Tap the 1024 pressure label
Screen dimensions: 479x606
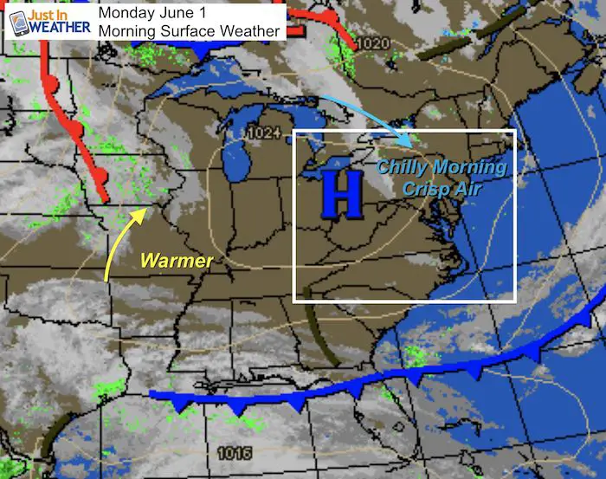pyautogui.click(x=262, y=133)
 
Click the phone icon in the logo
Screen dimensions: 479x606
pyautogui.click(x=18, y=23)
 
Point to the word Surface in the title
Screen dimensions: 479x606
pyautogui.click(x=192, y=31)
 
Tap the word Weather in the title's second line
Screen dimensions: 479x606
pyautogui.click(x=250, y=31)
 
